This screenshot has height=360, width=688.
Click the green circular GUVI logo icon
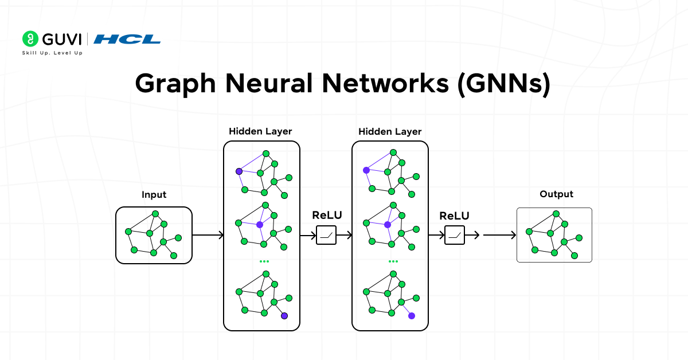pyautogui.click(x=30, y=39)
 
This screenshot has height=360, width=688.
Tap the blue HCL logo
pyautogui.click(x=127, y=39)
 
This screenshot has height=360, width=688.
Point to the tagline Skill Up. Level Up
pyautogui.click(x=52, y=53)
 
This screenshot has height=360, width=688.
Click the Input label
pyautogui.click(x=154, y=195)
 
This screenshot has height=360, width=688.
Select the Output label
pyautogui.click(x=556, y=194)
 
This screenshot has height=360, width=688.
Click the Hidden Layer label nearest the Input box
pyautogui.click(x=260, y=131)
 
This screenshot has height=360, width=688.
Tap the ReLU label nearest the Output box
pyautogui.click(x=454, y=216)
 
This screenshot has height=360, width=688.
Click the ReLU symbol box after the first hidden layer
pyautogui.click(x=326, y=235)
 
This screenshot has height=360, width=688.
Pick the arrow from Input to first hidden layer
pyautogui.click(x=208, y=235)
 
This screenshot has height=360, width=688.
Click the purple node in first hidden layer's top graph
pyautogui.click(x=239, y=171)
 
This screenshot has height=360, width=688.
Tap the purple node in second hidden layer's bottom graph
pyautogui.click(x=412, y=316)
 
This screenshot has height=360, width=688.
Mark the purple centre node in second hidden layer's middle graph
pyautogui.click(x=388, y=225)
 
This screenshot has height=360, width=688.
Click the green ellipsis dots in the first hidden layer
pyautogui.click(x=264, y=261)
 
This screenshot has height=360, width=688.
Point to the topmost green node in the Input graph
pyautogui.click(x=155, y=214)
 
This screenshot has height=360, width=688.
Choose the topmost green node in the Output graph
pyautogui.click(x=556, y=214)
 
